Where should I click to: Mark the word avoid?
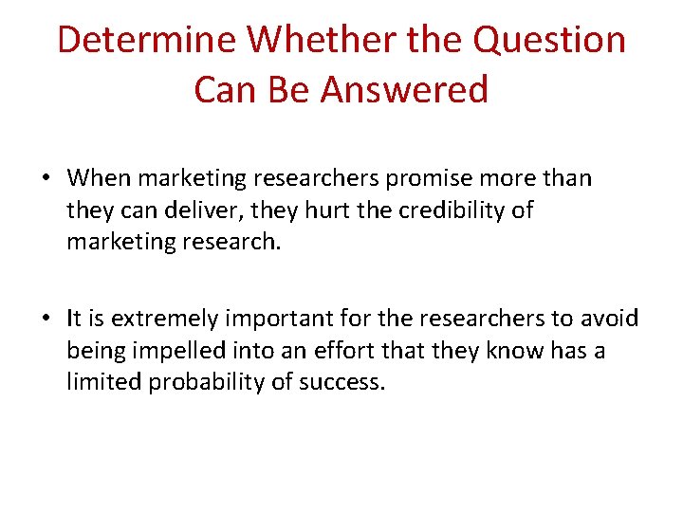[610, 318]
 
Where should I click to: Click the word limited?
[98, 383]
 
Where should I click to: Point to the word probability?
[194, 383]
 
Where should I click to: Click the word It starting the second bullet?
[74, 318]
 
